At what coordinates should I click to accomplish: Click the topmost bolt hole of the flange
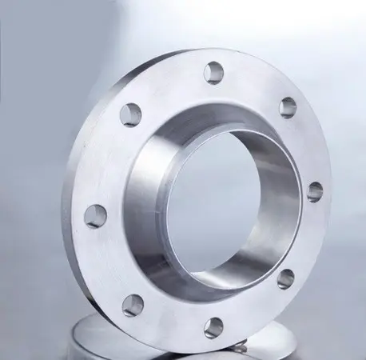pos(213,72)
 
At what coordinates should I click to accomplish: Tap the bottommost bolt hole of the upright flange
pos(213,326)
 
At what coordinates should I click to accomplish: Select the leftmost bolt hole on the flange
pos(95,214)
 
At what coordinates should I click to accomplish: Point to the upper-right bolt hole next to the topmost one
pos(288,107)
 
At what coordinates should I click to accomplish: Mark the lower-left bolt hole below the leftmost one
pos(133,305)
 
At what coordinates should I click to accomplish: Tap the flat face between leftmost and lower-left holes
pos(108,264)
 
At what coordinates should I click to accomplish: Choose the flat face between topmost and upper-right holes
pos(254,84)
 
